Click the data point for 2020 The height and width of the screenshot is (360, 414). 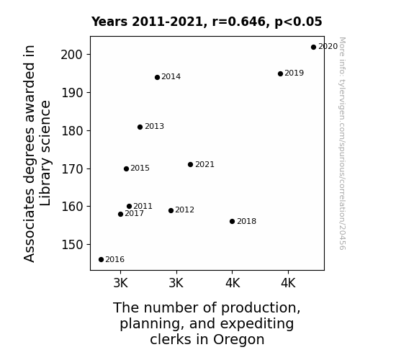313,48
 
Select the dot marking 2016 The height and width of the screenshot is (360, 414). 101,260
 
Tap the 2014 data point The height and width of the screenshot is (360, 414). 158,77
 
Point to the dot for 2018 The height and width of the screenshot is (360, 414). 232,221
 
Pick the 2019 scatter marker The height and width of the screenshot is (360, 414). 280,73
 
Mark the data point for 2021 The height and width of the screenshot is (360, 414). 190,165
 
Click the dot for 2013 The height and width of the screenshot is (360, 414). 140,127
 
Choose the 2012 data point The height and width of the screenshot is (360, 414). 171,210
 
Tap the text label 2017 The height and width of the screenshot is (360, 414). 135,213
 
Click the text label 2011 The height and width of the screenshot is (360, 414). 143,206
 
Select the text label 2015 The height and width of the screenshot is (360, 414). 140,168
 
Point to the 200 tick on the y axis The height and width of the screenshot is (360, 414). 72,55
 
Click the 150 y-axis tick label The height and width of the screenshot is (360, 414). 72,245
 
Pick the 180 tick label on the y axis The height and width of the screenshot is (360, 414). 72,131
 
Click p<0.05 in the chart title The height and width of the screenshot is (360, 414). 298,22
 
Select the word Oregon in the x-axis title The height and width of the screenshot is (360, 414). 239,340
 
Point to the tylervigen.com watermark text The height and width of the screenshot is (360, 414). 342,143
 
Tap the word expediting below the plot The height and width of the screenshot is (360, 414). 257,324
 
